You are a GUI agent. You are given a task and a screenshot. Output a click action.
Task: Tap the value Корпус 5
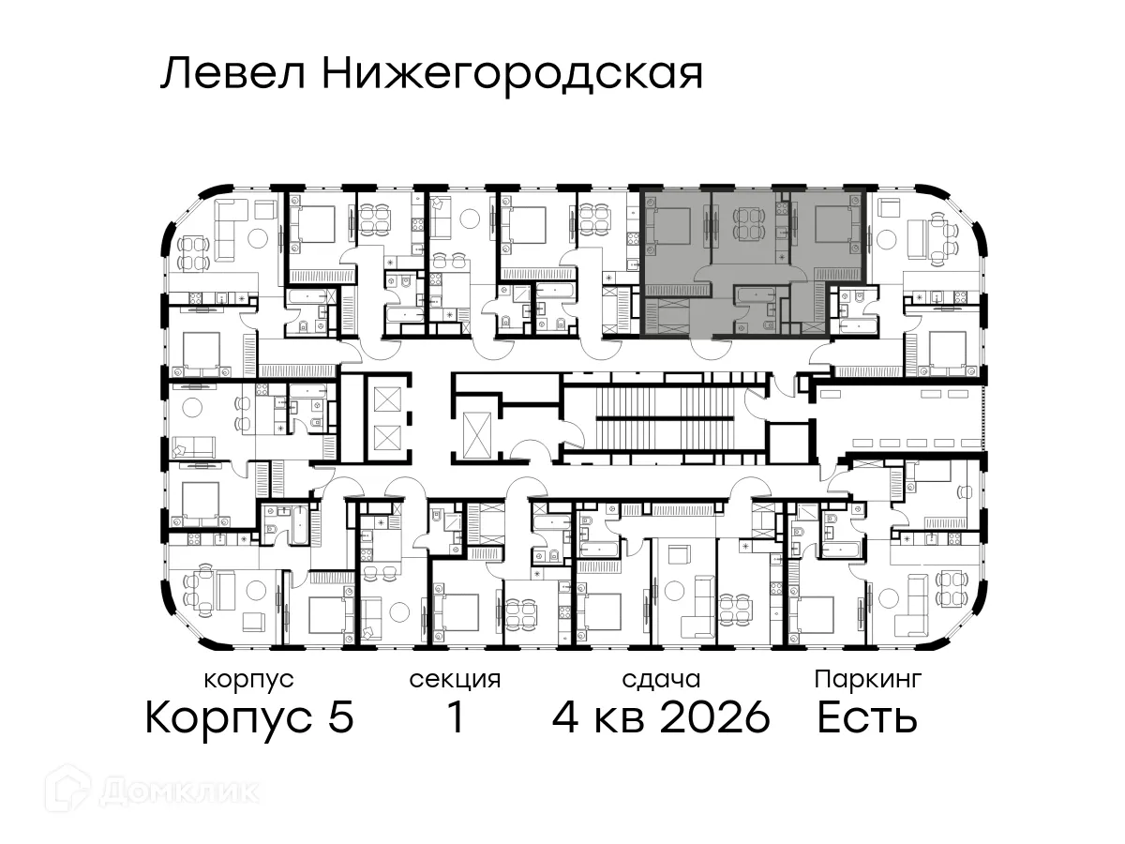pos(249,719)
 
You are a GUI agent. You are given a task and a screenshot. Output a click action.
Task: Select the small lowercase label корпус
pos(248,679)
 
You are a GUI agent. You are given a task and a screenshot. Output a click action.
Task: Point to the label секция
pos(455,679)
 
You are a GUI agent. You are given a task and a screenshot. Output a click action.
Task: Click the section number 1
pos(456,719)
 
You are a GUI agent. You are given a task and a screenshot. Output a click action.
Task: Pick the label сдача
pos(661,679)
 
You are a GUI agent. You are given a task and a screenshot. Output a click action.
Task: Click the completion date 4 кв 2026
pos(661,719)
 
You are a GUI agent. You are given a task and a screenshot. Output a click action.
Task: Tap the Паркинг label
pos(868,678)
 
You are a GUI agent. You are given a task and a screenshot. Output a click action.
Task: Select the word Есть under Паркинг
pos(867,719)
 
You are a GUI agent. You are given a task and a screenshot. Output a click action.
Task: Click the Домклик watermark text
pos(178,791)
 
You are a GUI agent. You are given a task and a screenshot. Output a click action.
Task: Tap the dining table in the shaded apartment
pos(747,225)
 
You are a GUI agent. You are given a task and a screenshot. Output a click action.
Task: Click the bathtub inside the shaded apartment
pos(755,297)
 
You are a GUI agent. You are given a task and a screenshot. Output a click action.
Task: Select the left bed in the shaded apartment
pos(669,225)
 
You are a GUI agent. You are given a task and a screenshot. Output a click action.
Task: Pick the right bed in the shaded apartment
pos(833,225)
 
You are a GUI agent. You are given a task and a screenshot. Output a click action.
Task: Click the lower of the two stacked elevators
pos(385,437)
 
